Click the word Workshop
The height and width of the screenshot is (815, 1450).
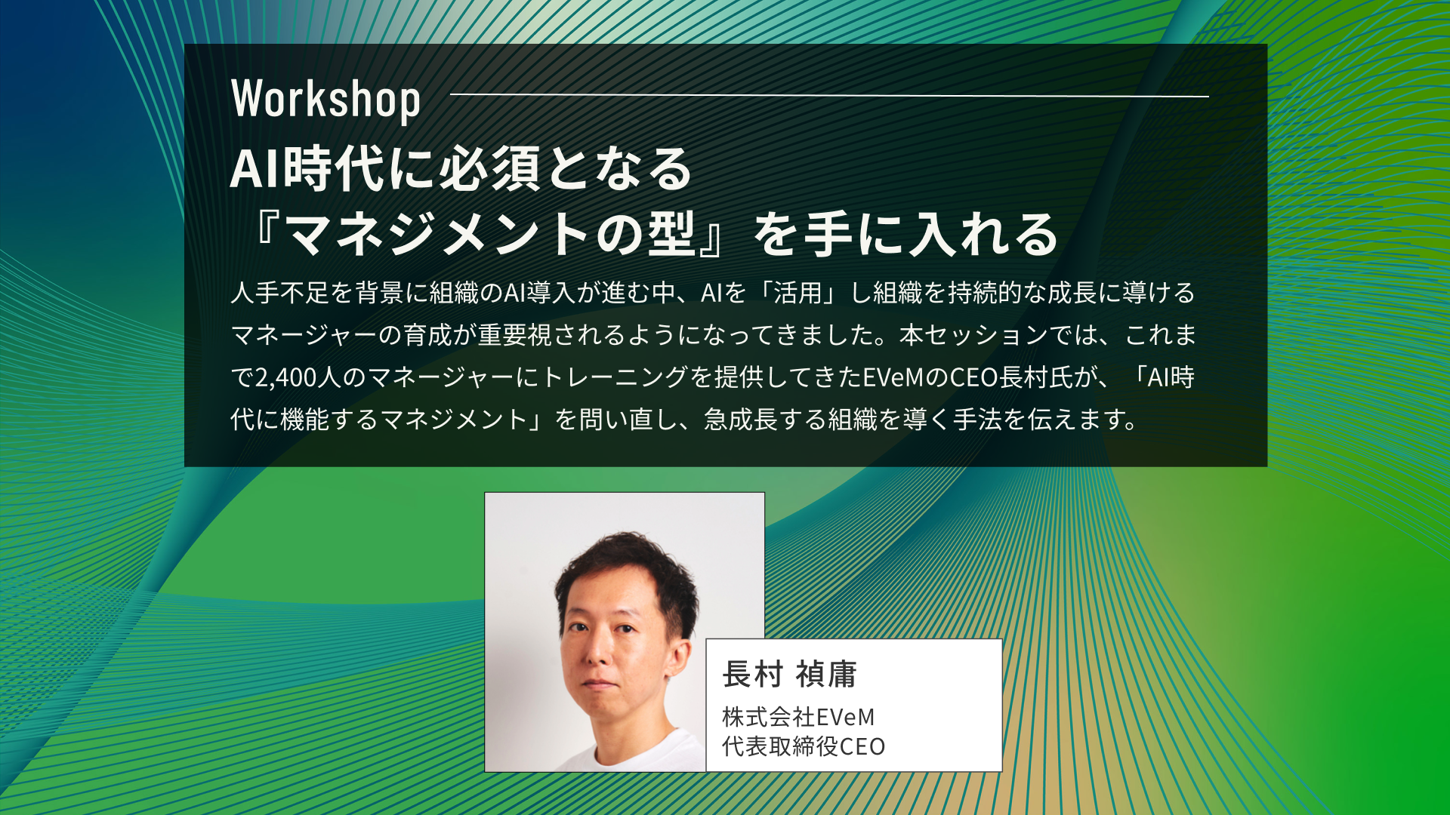tap(325, 100)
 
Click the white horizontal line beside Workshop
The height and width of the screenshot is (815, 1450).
tap(829, 96)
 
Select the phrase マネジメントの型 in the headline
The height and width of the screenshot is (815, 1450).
tap(492, 233)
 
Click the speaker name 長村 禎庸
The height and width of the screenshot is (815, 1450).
tap(789, 674)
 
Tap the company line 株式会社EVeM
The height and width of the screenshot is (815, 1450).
tap(798, 716)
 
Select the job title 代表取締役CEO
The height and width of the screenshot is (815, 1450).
tap(804, 746)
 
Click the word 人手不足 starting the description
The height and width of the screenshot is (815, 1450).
tap(279, 293)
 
